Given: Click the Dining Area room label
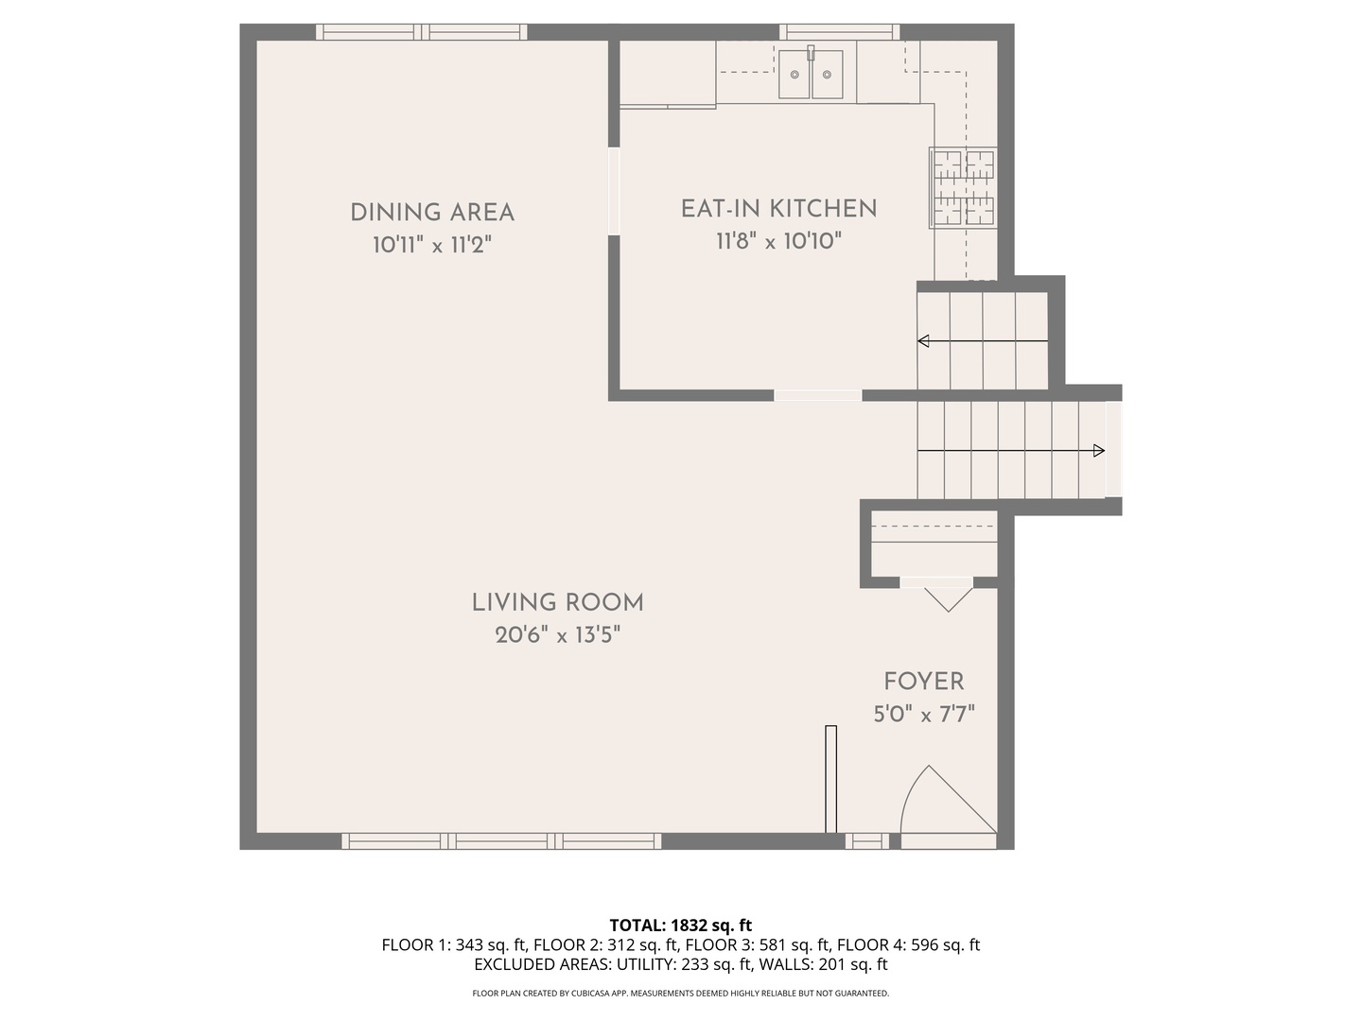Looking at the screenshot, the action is click(x=432, y=213).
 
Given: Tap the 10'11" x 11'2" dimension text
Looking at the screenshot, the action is click(x=432, y=245).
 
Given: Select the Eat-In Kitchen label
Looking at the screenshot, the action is click(x=778, y=209).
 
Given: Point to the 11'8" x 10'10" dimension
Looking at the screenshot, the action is click(x=778, y=240).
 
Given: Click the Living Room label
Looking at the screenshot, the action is click(x=557, y=602).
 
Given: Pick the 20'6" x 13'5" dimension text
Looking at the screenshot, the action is click(x=557, y=634).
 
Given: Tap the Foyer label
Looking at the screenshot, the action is click(x=924, y=682).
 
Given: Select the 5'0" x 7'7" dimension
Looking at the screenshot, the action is click(x=924, y=714).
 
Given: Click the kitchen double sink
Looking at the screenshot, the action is click(x=811, y=73).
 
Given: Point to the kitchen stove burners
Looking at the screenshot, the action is click(x=963, y=188).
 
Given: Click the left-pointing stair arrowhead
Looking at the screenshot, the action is click(x=923, y=341).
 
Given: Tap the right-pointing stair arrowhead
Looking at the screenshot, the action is click(x=1098, y=451).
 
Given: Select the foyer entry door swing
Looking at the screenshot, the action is click(x=948, y=800).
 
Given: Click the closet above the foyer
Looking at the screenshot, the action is click(x=934, y=544).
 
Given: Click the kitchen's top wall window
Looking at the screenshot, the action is click(x=839, y=32).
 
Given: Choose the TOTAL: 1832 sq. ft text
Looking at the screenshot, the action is click(x=681, y=925).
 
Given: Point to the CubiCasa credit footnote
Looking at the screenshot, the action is click(x=681, y=993).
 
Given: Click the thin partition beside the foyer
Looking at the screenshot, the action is click(x=830, y=779).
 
